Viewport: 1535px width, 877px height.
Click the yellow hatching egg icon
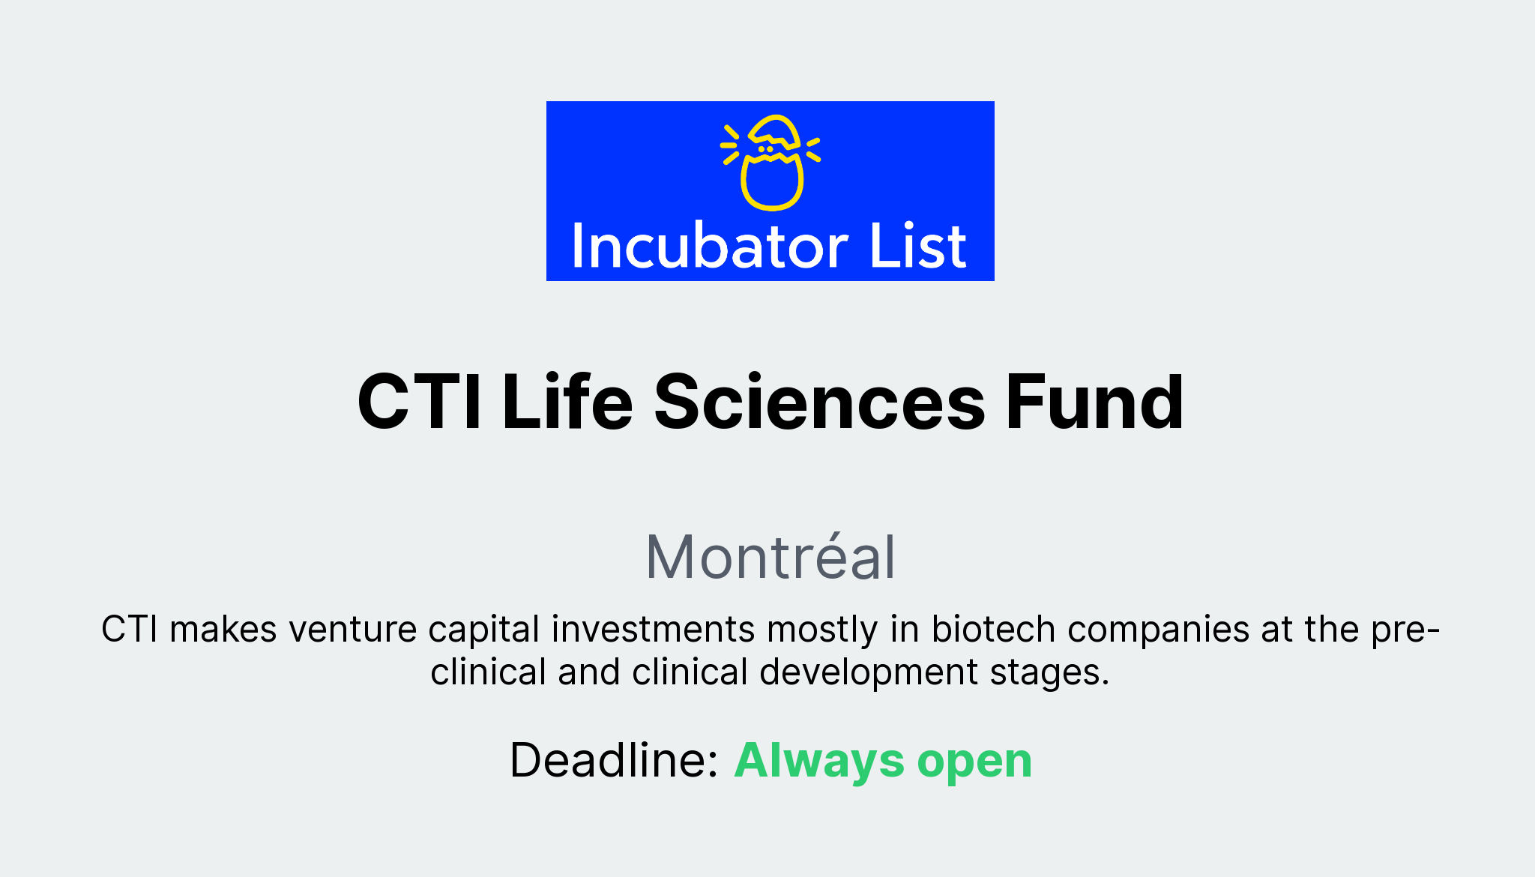(x=771, y=163)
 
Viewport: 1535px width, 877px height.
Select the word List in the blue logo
(x=918, y=247)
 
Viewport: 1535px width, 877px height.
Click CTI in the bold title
(x=420, y=403)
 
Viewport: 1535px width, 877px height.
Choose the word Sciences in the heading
(x=819, y=403)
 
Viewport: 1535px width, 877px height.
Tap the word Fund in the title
(x=1094, y=403)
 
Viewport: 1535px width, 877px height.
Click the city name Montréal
(x=770, y=557)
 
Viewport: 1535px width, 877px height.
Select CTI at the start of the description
(x=129, y=629)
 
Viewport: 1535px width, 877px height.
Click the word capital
(x=483, y=630)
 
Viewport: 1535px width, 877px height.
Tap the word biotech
(x=993, y=629)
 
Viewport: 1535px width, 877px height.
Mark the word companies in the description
(x=1158, y=630)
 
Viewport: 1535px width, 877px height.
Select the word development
(x=869, y=672)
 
